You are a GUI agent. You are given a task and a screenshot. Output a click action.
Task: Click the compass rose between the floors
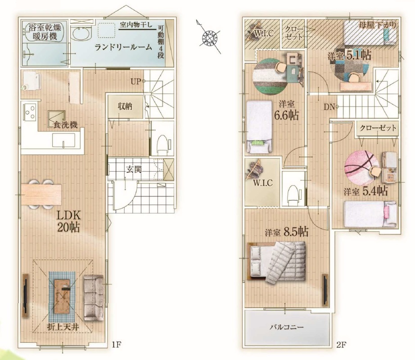tap(209, 37)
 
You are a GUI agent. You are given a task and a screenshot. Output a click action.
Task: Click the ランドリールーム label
tap(123, 47)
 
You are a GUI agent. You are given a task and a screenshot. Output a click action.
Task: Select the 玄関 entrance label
tap(134, 169)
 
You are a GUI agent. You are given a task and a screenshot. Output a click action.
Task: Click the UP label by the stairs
tap(136, 81)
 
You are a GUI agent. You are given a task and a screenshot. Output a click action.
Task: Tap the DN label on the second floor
tap(329, 107)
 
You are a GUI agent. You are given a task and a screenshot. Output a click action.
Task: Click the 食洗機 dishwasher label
tap(65, 125)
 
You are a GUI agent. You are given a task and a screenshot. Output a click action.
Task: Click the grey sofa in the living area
tap(94, 298)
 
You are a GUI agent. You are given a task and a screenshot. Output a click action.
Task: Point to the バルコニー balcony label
tap(287, 328)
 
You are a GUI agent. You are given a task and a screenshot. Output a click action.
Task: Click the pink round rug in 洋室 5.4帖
tap(361, 168)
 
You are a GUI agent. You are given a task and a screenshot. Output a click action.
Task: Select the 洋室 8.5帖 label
tap(287, 232)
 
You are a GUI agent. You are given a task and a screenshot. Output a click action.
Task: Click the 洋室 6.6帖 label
tap(287, 111)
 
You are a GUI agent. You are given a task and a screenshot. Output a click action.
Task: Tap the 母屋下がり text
tap(378, 25)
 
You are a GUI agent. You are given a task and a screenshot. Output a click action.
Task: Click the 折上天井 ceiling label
tap(63, 327)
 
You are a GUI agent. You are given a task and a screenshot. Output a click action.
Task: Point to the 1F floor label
tap(116, 345)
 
